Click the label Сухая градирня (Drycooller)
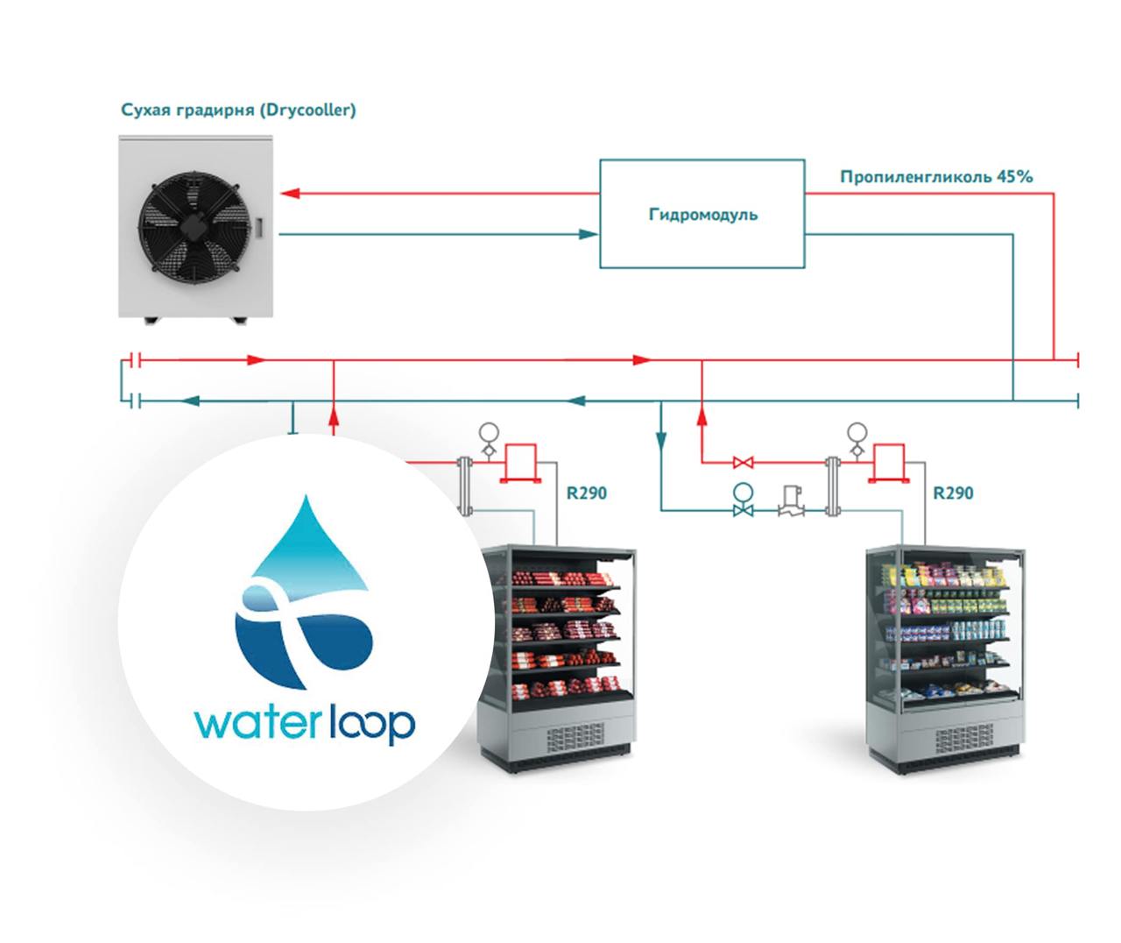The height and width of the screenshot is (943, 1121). [x=238, y=111]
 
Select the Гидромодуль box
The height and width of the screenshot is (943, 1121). [x=702, y=214]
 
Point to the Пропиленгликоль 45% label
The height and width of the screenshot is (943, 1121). [x=936, y=177]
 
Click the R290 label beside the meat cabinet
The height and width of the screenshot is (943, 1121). [x=586, y=493]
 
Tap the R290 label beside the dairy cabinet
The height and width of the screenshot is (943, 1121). [x=953, y=493]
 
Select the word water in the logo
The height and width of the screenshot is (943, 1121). [x=255, y=725]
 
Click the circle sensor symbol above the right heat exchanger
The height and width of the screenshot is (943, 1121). [x=857, y=431]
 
